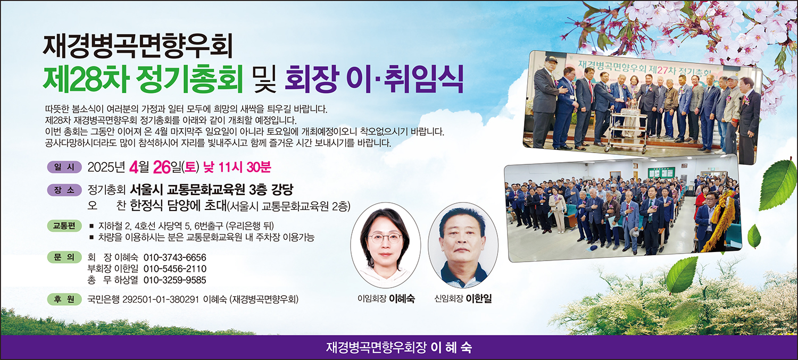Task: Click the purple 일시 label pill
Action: click(x=64, y=166)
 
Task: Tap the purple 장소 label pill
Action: click(x=64, y=190)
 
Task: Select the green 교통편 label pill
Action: click(x=64, y=226)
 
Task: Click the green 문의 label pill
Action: click(x=64, y=257)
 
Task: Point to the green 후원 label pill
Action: click(x=64, y=299)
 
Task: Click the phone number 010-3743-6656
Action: click(x=175, y=257)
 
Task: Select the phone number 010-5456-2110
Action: click(x=175, y=269)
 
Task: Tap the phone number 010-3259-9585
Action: click(x=175, y=280)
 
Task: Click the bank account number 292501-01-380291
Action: click(x=160, y=299)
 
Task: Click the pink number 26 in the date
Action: click(x=162, y=167)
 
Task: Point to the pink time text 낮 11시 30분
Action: click(x=237, y=166)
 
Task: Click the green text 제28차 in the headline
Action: click(x=86, y=79)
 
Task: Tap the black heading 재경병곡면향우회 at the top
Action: click(x=137, y=46)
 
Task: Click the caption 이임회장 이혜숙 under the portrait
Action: click(x=386, y=298)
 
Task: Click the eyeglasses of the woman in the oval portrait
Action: click(x=385, y=238)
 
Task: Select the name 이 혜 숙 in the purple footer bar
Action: click(x=451, y=348)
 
